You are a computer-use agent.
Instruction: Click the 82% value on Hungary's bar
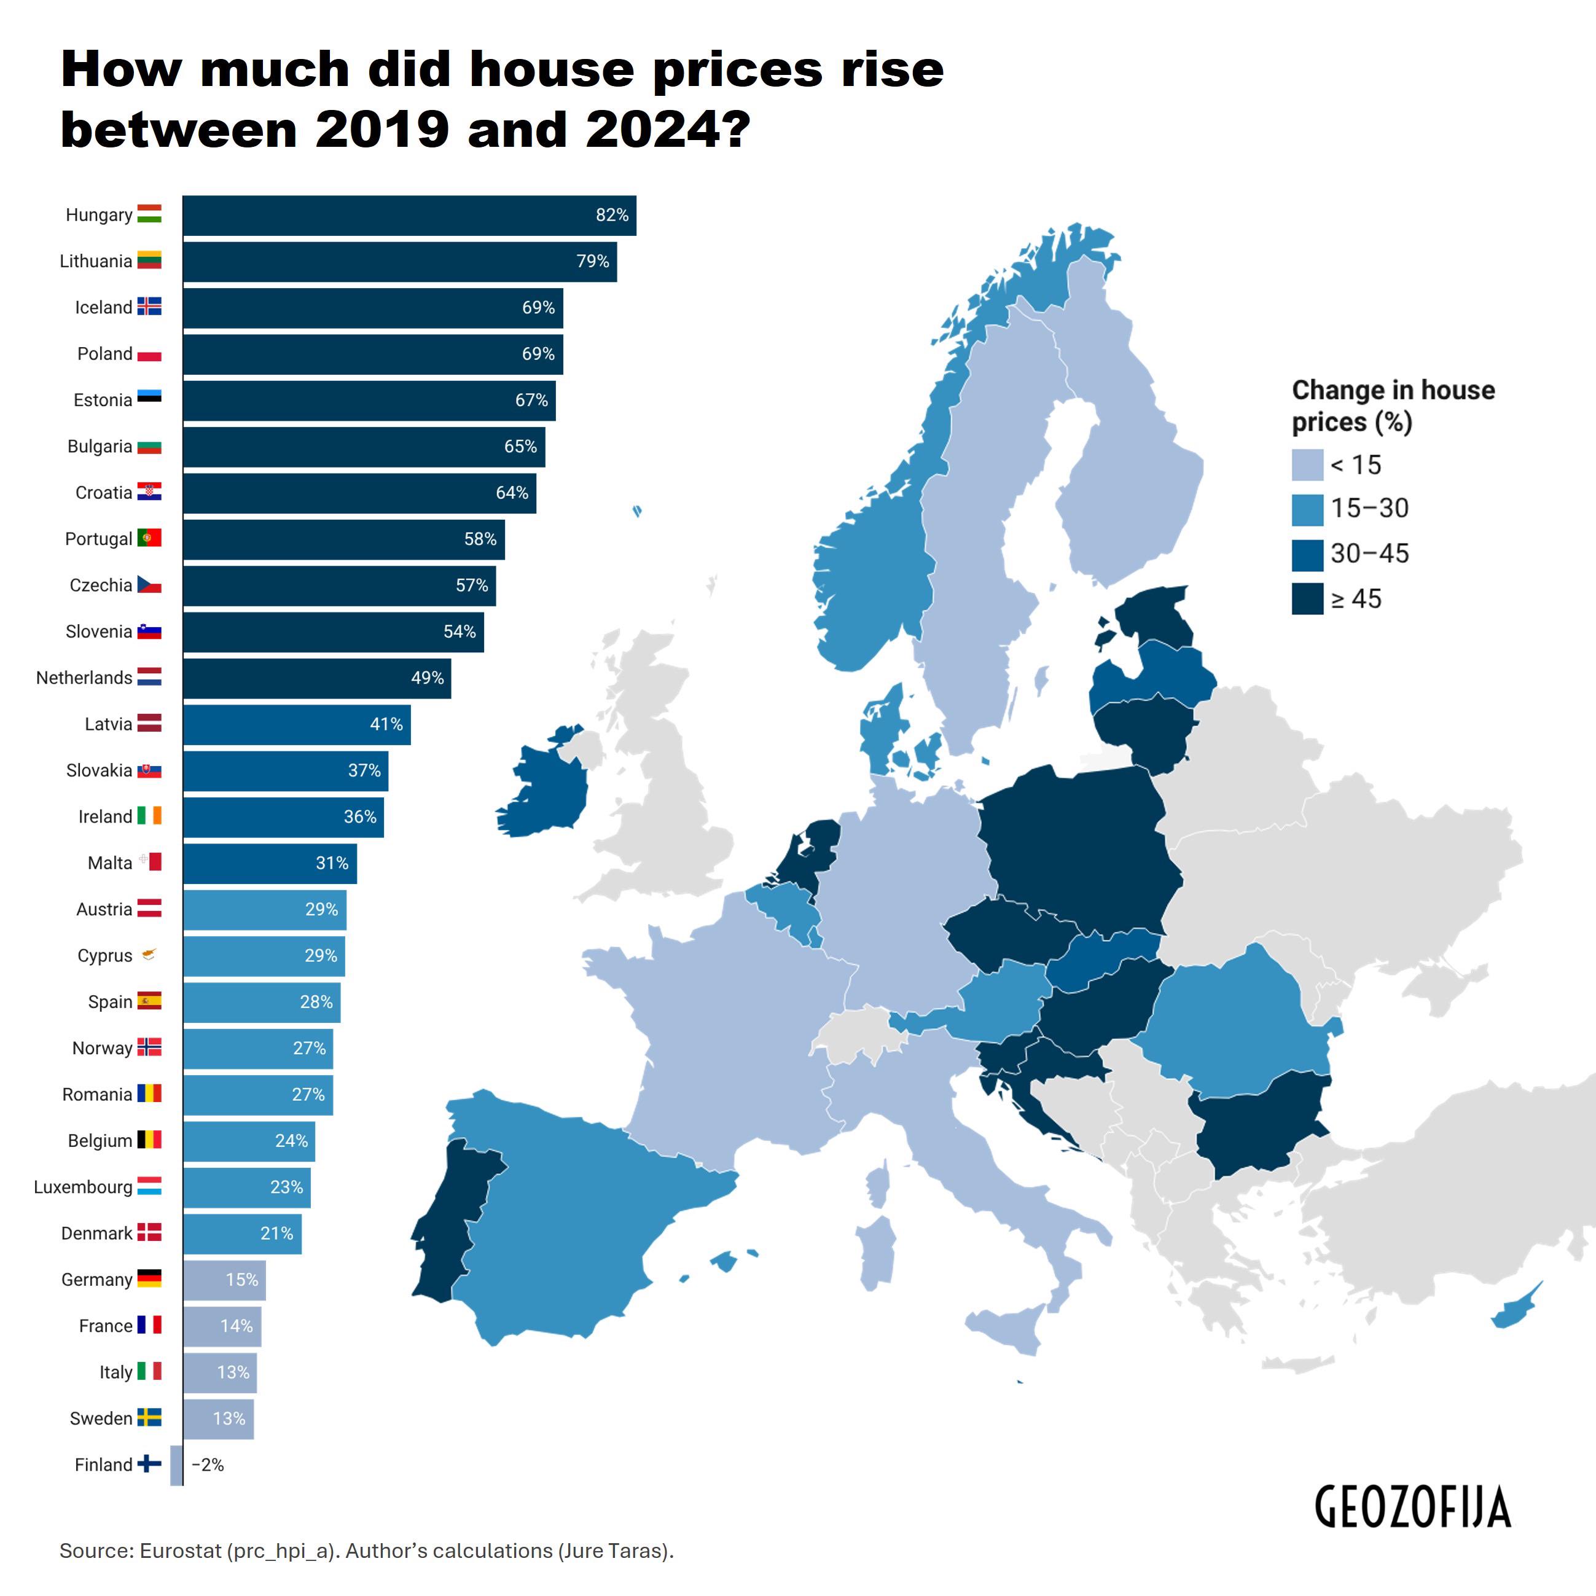[612, 215]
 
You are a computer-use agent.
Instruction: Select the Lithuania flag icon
[149, 261]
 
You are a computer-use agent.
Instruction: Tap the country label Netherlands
[84, 678]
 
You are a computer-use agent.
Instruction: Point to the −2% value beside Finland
[208, 1465]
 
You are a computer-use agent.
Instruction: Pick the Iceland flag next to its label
[149, 307]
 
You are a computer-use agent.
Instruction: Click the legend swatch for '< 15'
[1307, 465]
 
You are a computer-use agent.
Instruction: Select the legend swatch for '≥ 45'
[1307, 599]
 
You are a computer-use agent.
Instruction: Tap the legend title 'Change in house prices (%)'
[1393, 405]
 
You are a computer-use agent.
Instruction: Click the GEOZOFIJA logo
[1412, 1508]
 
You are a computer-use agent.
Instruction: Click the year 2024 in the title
[654, 130]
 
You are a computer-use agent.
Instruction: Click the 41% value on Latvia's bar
[386, 724]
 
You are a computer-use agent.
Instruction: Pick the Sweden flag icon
[149, 1418]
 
